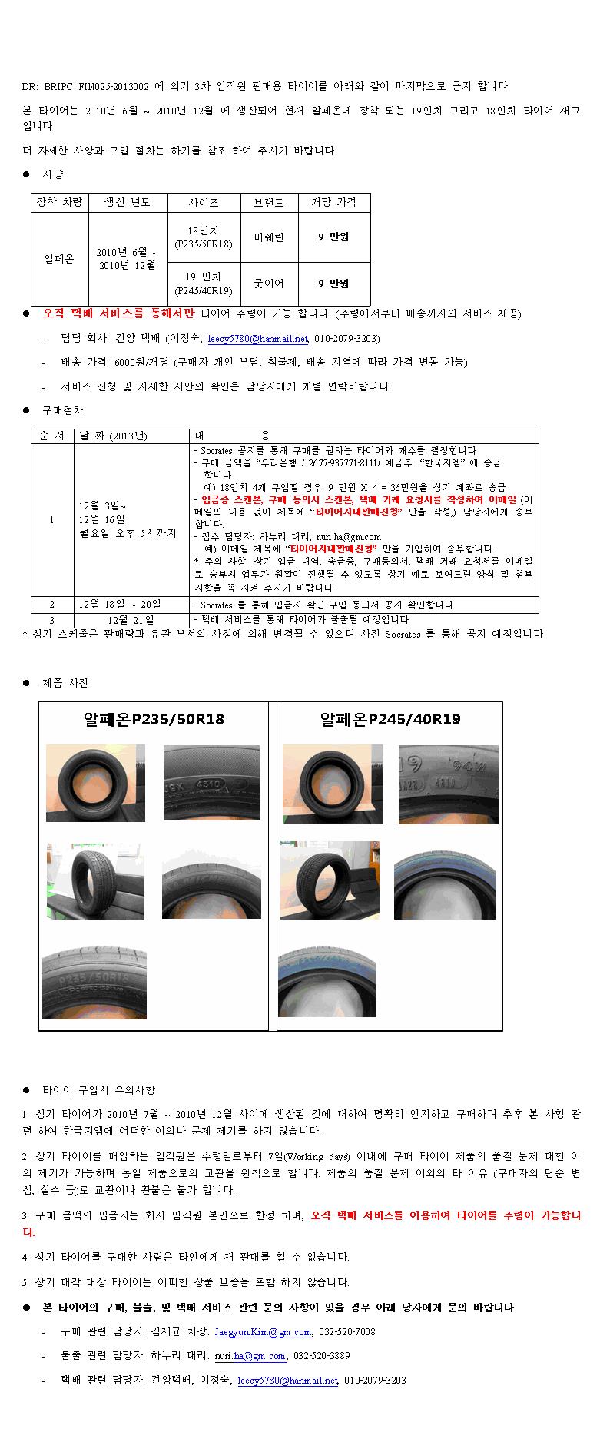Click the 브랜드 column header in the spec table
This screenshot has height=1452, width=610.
tap(269, 203)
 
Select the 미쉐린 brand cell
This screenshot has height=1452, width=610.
tap(269, 237)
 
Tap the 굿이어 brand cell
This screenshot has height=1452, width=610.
tap(269, 283)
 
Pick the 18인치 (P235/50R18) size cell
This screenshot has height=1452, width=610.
tap(204, 237)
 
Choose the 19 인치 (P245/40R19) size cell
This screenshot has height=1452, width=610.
tap(204, 283)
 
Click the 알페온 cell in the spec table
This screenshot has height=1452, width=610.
tap(59, 259)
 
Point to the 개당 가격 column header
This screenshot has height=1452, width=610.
tap(333, 203)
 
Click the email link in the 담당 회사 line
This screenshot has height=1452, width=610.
tap(257, 338)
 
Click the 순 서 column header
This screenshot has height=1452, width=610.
tap(52, 436)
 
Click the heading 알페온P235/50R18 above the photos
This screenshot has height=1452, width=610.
tap(154, 720)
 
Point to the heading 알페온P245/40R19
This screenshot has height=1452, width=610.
tap(390, 720)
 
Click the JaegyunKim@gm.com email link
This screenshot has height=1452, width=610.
tap(263, 1332)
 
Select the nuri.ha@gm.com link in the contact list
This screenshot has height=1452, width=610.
tap(250, 1356)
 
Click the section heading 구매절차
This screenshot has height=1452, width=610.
tap(63, 410)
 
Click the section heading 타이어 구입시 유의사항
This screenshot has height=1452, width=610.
tap(98, 1090)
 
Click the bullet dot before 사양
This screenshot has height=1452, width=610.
tap(26, 175)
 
